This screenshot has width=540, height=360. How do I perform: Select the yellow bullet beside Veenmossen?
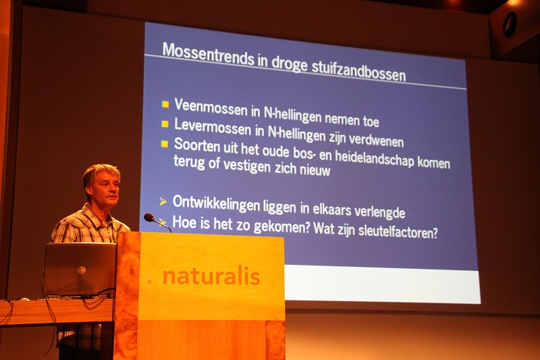coord(165,104)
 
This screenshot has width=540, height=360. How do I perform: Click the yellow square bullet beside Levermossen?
coord(165,124)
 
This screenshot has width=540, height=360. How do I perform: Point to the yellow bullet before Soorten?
coord(165,144)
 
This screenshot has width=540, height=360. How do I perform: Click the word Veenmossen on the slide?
coord(211,107)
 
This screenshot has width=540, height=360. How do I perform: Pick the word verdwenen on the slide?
coord(376,139)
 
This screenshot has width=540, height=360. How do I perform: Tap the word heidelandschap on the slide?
coord(375,158)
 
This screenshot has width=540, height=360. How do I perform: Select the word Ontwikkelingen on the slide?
coord(216,203)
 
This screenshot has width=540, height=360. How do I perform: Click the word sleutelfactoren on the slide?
coord(398,231)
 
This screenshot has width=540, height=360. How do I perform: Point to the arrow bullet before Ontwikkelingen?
coord(163,201)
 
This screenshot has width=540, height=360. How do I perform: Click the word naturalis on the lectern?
coord(211,277)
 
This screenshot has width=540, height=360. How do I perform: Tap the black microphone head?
coord(149,217)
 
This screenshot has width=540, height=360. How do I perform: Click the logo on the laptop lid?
coord(82,270)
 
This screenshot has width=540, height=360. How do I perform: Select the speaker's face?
coord(107,188)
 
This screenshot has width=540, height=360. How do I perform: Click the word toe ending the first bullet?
coord(371,122)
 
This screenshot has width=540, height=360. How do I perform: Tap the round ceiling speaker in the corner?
coord(510,24)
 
